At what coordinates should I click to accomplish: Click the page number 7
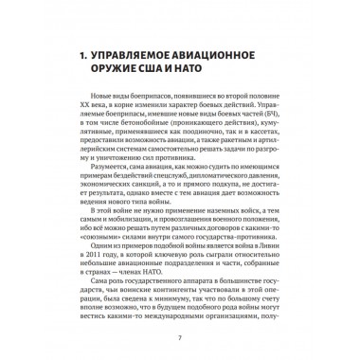pyautogui.click(x=180, y=336)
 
